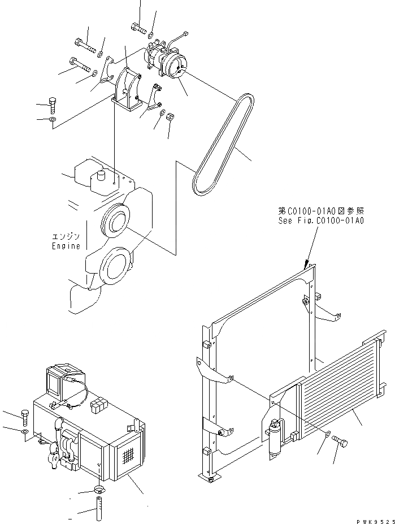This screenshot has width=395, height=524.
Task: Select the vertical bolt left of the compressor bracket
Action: click(53, 105)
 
